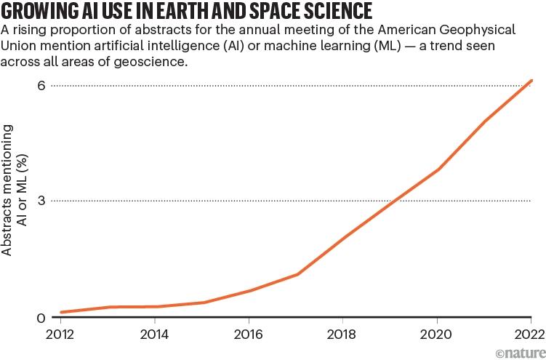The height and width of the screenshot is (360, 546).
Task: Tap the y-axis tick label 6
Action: pyautogui.click(x=41, y=85)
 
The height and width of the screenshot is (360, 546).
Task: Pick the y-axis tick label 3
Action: pyautogui.click(x=41, y=200)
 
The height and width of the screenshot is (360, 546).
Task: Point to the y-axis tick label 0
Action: pyautogui.click(x=41, y=318)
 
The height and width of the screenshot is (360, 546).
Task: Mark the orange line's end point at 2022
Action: pyautogui.click(x=531, y=81)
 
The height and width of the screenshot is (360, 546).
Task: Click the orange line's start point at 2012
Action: pyautogui.click(x=63, y=312)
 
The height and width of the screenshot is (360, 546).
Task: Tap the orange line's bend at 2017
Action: pyautogui.click(x=297, y=274)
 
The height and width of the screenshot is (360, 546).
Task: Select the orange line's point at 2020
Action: pyautogui.click(x=438, y=169)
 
